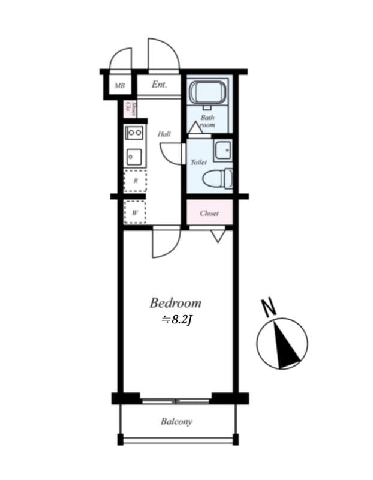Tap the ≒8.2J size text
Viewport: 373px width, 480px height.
click(x=176, y=320)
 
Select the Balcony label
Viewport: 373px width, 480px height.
click(x=176, y=422)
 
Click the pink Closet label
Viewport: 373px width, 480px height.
click(x=209, y=213)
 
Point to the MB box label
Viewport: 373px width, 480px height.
click(x=119, y=86)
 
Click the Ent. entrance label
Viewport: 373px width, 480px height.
click(x=159, y=85)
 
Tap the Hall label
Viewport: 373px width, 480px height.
click(x=164, y=134)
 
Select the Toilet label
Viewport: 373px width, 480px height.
click(x=198, y=162)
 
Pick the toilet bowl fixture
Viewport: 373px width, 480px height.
click(x=216, y=178)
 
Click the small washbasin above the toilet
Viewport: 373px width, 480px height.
click(x=222, y=149)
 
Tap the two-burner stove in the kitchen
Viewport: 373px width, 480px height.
click(x=134, y=132)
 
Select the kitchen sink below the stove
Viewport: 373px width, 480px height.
click(x=134, y=157)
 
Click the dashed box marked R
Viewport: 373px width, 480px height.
click(x=135, y=181)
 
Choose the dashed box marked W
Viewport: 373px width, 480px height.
click(x=135, y=212)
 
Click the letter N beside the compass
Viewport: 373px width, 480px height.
click(x=269, y=308)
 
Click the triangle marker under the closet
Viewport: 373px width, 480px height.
click(x=218, y=235)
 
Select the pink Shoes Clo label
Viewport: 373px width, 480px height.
click(x=127, y=109)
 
